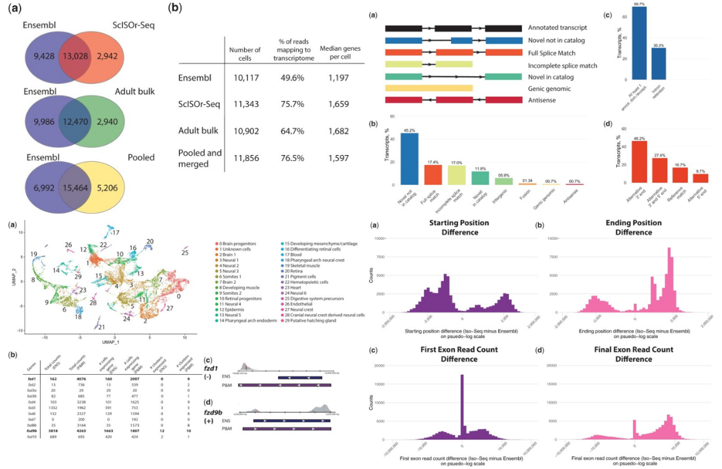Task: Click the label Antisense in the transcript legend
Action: [546, 100]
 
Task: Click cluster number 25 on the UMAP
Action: [185, 253]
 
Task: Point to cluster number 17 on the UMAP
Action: [115, 232]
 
